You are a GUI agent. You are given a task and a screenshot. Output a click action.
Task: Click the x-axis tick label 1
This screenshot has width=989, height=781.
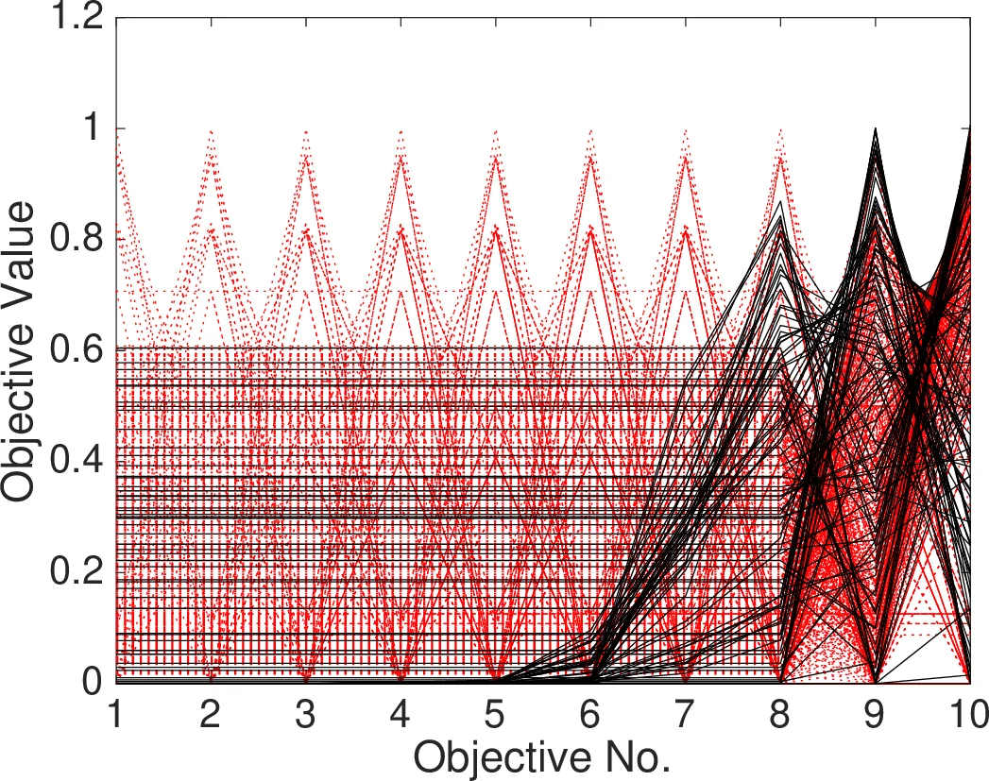116,710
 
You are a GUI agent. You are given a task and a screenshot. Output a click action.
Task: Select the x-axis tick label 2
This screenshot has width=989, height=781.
211,710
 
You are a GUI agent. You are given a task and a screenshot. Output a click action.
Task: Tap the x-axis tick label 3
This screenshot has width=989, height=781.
306,710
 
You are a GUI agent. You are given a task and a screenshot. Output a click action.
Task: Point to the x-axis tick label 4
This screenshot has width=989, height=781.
401,710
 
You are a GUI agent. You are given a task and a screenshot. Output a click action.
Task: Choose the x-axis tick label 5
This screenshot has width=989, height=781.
496,710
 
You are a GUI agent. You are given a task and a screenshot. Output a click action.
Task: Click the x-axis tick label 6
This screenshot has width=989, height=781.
590,710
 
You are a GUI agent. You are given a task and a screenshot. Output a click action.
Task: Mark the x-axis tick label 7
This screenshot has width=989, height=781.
686,710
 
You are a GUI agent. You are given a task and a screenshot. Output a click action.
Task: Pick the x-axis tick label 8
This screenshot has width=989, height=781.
780,710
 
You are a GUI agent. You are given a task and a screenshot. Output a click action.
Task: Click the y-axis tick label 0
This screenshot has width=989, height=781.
93,681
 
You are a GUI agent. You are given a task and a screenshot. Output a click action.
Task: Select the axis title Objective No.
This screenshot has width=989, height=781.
542,757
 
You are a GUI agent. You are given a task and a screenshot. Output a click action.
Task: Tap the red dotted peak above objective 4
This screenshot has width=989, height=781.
401,133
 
